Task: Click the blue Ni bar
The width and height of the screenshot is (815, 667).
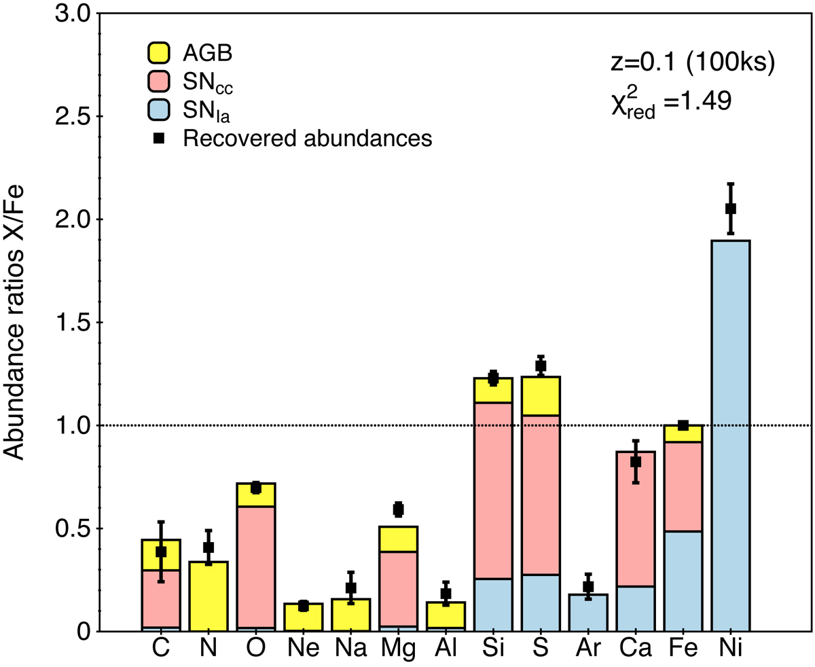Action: click(731, 435)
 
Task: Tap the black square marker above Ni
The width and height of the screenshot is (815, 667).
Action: click(731, 209)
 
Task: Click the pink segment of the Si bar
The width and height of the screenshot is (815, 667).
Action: click(493, 489)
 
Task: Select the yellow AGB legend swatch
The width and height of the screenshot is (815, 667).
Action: click(158, 52)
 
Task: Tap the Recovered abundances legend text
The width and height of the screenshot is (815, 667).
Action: click(308, 139)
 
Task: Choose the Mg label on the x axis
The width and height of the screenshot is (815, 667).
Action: click(399, 649)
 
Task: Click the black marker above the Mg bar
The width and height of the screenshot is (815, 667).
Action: click(399, 509)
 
